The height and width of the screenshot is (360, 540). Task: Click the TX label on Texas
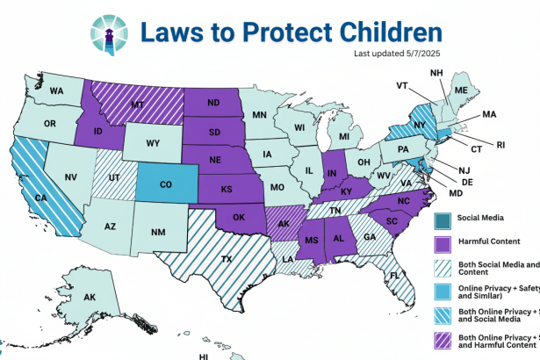[226, 259]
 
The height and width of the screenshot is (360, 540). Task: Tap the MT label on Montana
[137, 104]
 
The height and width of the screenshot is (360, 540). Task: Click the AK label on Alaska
[89, 297]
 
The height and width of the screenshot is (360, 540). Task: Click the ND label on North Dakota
[214, 101]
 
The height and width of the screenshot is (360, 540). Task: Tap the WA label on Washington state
[57, 90]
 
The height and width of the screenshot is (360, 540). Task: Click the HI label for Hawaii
[203, 356]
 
